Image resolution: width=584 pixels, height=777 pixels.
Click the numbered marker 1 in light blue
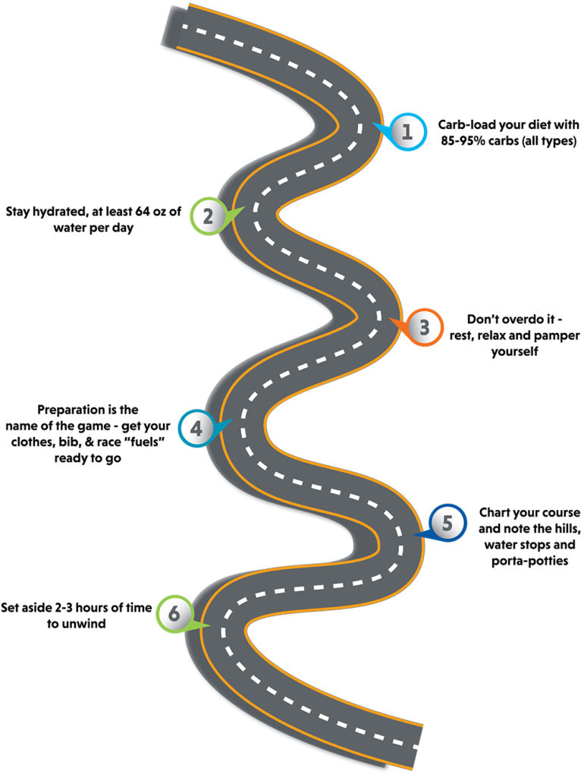point(407,131)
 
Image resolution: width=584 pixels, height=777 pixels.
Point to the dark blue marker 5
point(447,523)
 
